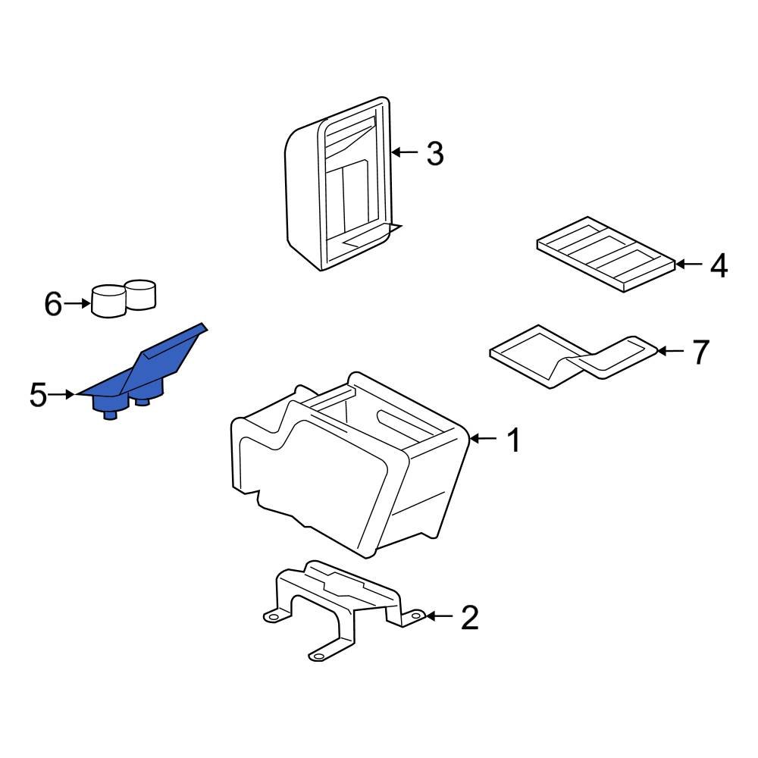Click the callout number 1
[x=513, y=440]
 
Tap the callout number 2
[x=470, y=617]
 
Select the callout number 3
[x=435, y=154]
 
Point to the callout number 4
[x=719, y=265]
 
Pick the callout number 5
[x=38, y=395]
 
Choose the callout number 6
[x=53, y=304]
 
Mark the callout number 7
[x=701, y=352]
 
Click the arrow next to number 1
[x=484, y=438]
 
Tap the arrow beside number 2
[x=440, y=615]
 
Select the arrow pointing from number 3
[x=405, y=152]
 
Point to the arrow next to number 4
[x=689, y=264]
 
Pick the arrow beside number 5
[x=62, y=394]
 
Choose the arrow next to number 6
[x=77, y=304]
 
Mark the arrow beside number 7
[x=671, y=350]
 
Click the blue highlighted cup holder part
[x=143, y=371]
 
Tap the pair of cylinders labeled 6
[x=124, y=298]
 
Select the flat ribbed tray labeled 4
[x=606, y=254]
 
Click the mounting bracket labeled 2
[x=344, y=609]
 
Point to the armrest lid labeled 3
[x=343, y=183]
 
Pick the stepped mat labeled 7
[x=574, y=356]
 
